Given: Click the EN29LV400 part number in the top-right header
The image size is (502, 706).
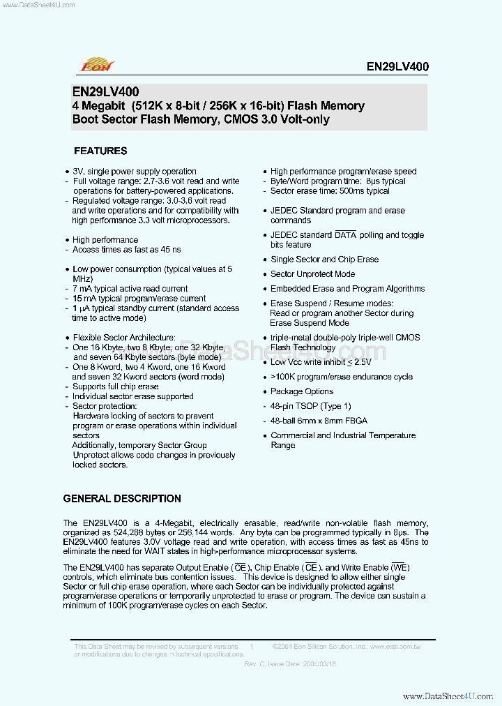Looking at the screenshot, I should point(397,67).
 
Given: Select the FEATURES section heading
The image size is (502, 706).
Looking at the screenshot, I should point(100,151).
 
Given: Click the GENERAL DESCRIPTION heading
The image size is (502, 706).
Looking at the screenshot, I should point(122,499).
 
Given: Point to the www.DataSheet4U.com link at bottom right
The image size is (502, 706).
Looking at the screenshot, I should point(448,696).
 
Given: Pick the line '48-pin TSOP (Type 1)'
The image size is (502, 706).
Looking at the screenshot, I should point(311,406).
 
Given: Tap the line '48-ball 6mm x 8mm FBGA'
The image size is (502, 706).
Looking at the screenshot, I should point(319,421).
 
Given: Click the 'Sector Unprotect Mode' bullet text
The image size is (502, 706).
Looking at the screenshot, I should point(312,274).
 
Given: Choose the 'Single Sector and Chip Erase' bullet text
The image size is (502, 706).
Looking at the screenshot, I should point(324,260).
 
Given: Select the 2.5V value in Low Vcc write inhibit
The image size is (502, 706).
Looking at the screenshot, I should point(361,362).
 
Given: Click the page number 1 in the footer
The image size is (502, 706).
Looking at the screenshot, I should point(251,647).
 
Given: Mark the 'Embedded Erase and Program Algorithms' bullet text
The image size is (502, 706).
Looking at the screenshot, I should point(347,289).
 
